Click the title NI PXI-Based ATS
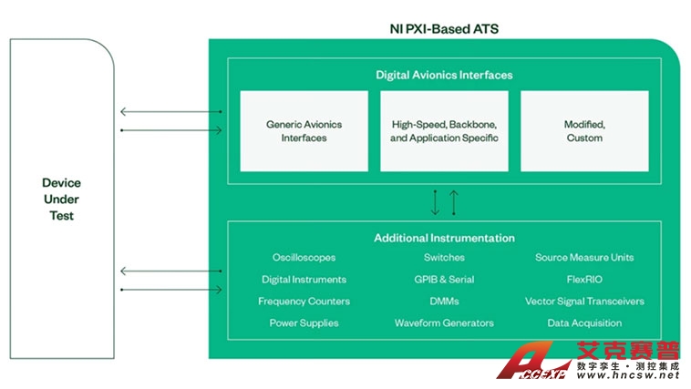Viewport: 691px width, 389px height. pos(444,29)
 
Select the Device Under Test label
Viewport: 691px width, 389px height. pos(61,200)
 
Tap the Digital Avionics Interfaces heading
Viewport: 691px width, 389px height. pos(444,75)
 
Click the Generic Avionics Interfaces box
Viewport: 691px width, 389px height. pos(296,131)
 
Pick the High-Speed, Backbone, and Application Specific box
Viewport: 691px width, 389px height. pos(444,131)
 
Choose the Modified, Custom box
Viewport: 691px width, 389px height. pos(584,131)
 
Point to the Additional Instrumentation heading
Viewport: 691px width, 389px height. pos(444,238)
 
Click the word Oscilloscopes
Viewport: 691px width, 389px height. pos(304,258)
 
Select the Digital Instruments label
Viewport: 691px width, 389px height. pos(304,280)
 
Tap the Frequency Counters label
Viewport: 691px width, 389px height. pos(304,302)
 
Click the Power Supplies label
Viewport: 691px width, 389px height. pos(304,323)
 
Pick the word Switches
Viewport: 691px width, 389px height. pos(444,258)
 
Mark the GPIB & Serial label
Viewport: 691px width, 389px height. pos(444,280)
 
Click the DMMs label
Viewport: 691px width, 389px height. pos(444,302)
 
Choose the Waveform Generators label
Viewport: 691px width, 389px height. pos(444,323)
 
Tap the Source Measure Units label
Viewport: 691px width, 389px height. pos(584,258)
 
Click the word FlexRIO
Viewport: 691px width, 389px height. pos(584,280)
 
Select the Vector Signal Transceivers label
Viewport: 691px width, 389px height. pos(584,302)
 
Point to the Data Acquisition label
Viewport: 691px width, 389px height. pos(584,323)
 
